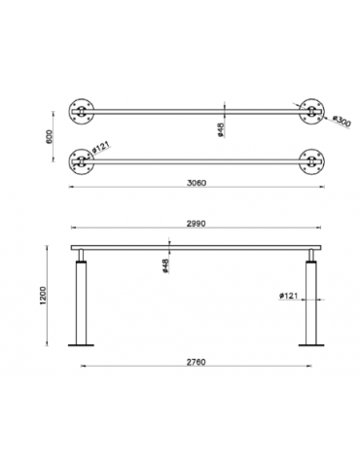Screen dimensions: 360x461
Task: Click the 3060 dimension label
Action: tap(197, 183)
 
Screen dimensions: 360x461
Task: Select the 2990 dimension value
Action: tap(197, 224)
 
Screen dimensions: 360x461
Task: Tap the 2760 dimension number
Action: tap(197, 362)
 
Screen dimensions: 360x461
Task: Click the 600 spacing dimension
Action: tap(49, 137)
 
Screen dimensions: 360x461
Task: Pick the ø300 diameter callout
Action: tap(342, 122)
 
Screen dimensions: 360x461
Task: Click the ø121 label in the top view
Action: tap(101, 147)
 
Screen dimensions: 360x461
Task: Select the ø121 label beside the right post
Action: tap(288, 296)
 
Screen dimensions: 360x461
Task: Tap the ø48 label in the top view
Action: tap(222, 129)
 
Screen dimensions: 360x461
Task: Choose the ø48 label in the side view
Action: tap(165, 266)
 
